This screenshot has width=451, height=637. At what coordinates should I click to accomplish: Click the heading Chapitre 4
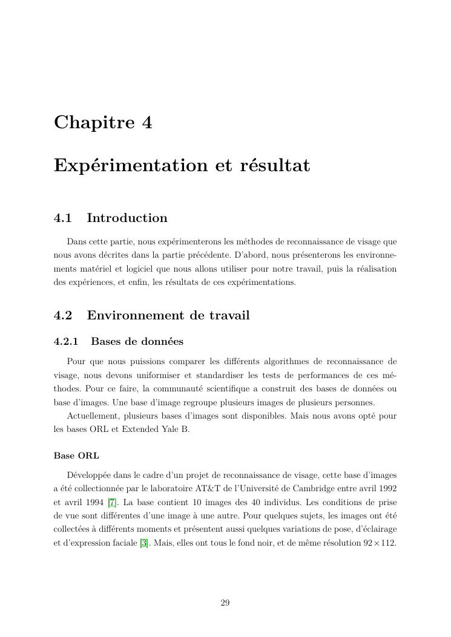click(103, 123)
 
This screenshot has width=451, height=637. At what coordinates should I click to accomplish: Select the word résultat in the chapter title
click(274, 165)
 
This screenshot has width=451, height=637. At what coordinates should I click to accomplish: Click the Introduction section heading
click(127, 218)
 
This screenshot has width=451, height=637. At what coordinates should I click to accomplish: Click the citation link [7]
click(112, 502)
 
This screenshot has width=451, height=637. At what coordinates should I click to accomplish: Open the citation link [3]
click(144, 543)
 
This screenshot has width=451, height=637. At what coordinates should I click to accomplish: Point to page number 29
click(225, 603)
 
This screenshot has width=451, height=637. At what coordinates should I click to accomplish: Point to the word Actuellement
click(93, 417)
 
